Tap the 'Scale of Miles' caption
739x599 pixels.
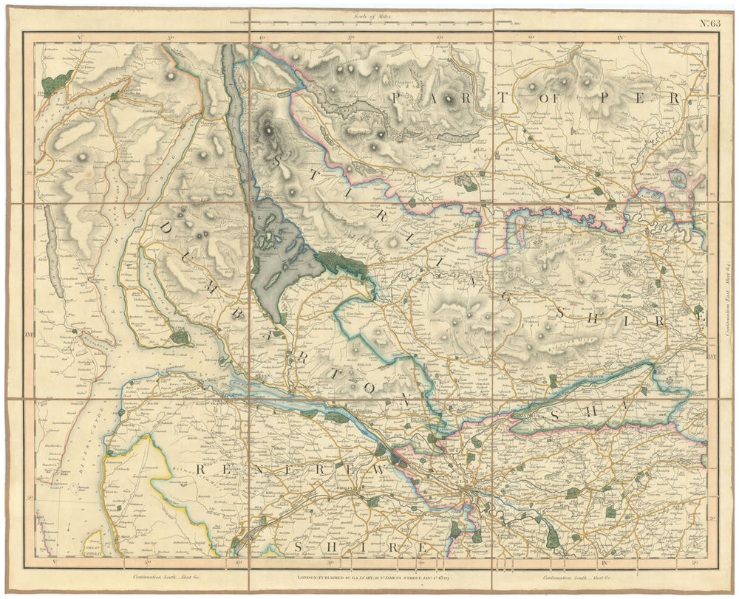coord(374,16)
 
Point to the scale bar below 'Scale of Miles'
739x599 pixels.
coord(373,23)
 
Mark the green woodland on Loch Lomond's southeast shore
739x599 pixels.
coord(341,263)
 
